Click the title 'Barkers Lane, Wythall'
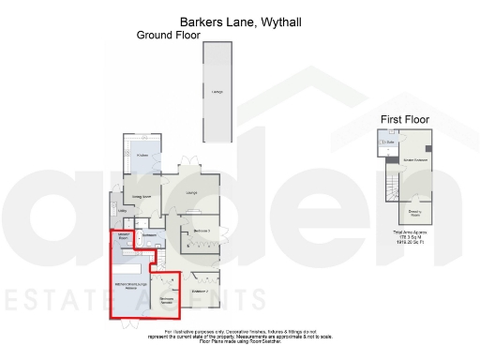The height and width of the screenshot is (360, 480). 240,21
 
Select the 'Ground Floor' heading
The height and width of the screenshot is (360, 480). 169,36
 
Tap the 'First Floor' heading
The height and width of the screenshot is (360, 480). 404,119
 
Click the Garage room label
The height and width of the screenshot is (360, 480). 217,91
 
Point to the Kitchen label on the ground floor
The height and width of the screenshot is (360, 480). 143,156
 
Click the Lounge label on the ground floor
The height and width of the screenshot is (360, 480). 191,194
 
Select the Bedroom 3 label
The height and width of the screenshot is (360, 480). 201,231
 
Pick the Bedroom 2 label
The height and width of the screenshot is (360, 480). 200,292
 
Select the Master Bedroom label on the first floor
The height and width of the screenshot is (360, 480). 415,160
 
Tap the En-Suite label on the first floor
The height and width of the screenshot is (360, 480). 386,142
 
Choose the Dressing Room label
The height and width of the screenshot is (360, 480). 413,213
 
